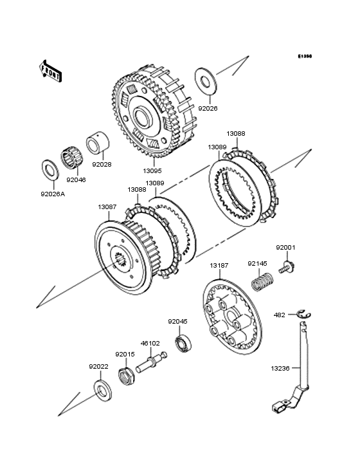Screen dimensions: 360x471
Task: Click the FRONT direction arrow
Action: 50,71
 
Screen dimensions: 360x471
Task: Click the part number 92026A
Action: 53,194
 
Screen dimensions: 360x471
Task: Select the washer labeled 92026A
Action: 50,171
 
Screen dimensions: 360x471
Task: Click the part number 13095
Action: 152,171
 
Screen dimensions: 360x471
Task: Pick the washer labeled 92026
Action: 206,81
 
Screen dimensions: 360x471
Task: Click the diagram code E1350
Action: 305,56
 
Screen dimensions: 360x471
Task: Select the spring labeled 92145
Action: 262,281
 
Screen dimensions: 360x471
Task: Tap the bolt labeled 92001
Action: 287,267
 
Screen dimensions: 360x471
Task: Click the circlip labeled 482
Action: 304,314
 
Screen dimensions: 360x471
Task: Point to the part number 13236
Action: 280,369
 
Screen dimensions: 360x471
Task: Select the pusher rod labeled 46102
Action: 151,362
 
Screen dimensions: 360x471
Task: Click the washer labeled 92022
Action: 103,391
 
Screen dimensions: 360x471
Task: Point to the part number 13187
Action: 219,266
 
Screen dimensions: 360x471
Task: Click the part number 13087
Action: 107,207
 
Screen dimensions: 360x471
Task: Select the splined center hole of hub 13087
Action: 121,261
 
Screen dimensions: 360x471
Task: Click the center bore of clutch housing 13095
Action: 144,117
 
